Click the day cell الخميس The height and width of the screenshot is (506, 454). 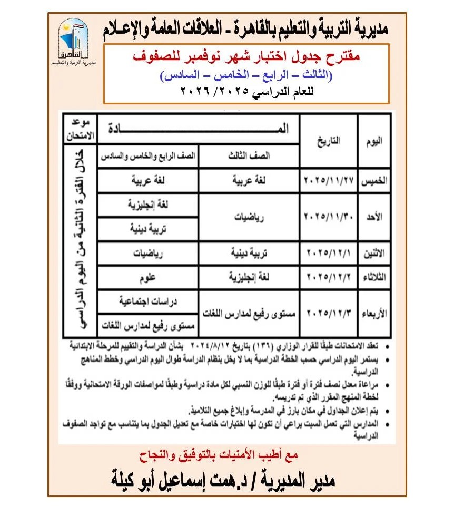(x=374, y=181)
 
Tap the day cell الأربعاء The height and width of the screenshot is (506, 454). (x=374, y=313)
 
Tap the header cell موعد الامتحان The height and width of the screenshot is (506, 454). (x=79, y=130)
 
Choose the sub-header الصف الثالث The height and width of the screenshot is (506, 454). (x=249, y=156)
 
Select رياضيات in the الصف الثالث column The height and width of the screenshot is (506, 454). (x=249, y=217)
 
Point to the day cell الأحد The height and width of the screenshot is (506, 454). (x=374, y=217)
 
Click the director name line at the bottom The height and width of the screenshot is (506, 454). (x=226, y=481)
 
